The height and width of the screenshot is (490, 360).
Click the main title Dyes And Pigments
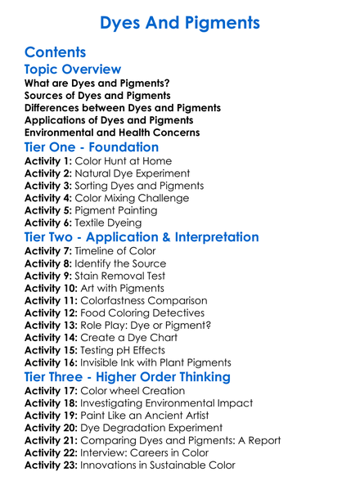pyautogui.click(x=180, y=22)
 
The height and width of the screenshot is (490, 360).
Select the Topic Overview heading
pyautogui.click(x=73, y=70)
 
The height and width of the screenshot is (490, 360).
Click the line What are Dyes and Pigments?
pyautogui.click(x=97, y=83)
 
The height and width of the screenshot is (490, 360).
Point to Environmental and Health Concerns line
pyautogui.click(x=112, y=133)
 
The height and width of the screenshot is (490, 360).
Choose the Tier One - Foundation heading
pyautogui.click(x=92, y=148)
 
